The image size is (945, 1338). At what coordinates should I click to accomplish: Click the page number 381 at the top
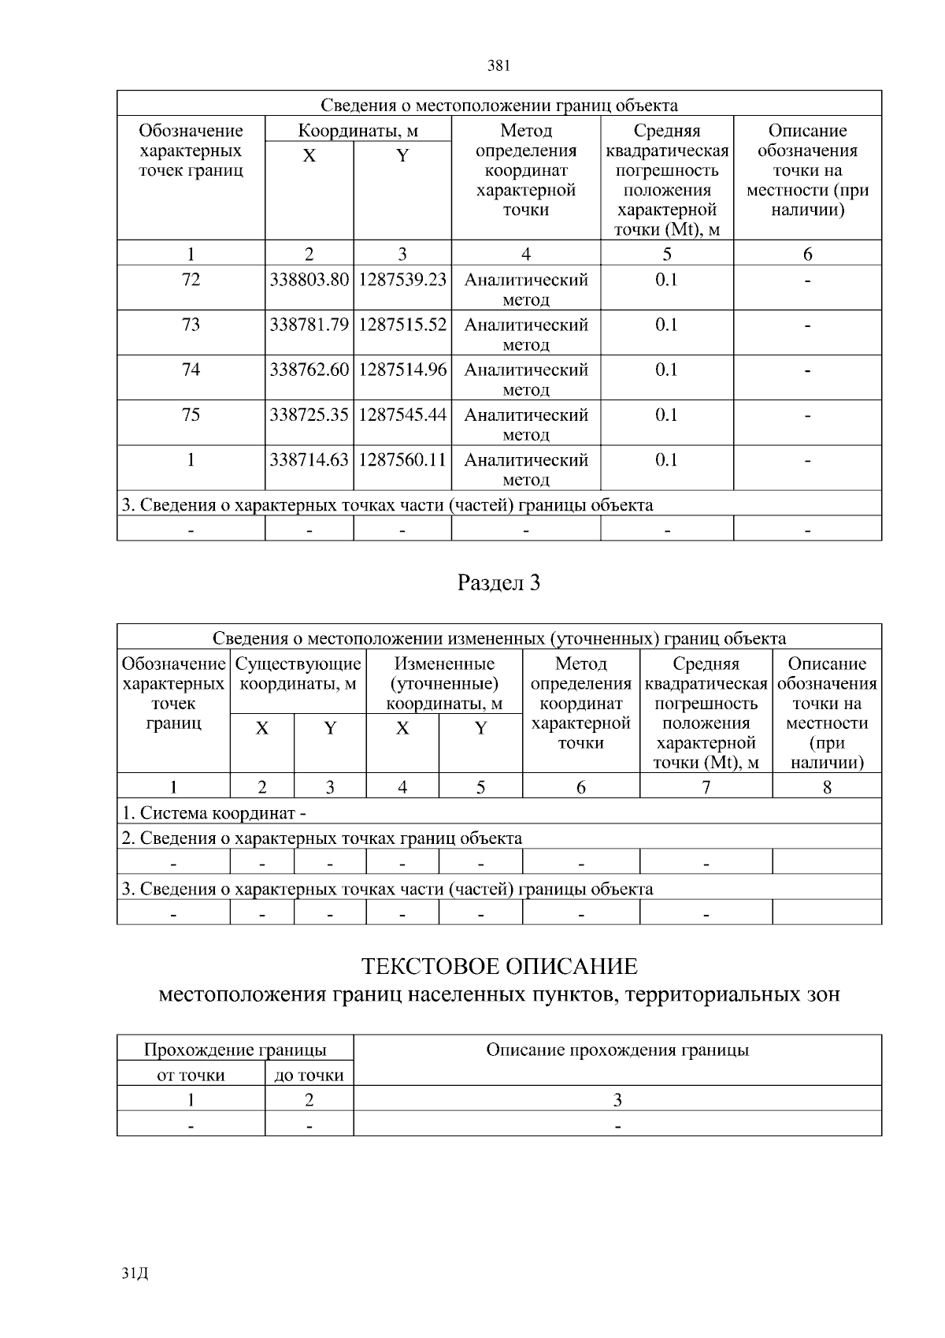pos(498,66)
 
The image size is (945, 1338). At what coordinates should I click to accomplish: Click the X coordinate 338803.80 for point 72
pos(309,281)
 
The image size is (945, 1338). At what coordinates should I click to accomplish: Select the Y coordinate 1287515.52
pos(402,325)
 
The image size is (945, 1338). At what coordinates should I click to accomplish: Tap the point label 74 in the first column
pos(191,370)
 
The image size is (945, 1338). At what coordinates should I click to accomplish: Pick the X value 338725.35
pos(309,415)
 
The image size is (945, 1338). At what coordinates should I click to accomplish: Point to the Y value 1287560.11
pos(402,460)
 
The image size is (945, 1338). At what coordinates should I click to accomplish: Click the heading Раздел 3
pos(498,583)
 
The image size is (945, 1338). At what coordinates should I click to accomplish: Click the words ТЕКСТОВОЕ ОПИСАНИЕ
pos(498,967)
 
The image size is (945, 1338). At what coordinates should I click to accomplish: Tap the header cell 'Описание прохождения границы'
pos(617,1050)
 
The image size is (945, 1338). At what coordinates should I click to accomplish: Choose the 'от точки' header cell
pos(191,1076)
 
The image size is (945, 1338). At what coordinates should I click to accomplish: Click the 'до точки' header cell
pos(309,1076)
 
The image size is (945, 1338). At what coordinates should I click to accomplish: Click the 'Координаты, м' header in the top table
pos(358,131)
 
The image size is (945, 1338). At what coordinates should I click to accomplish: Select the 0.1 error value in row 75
pos(666,415)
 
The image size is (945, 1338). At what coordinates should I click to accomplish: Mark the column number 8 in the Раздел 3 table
pos(827,787)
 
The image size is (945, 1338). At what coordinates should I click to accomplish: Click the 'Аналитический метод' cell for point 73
pos(525,333)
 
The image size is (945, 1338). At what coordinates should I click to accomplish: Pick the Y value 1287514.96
pos(402,370)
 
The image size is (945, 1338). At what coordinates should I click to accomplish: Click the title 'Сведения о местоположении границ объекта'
pos(498,106)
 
